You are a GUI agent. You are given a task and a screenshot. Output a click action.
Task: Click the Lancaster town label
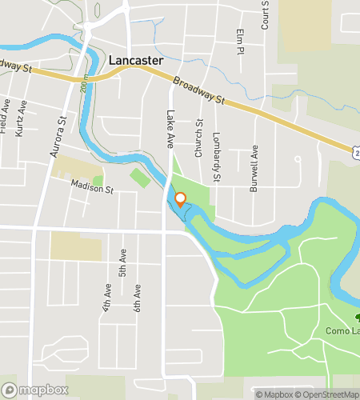(135, 60)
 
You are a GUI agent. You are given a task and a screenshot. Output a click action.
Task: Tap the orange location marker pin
(180, 199)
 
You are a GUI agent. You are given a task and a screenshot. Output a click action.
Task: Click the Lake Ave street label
(170, 129)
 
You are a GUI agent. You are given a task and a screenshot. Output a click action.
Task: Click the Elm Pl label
(239, 42)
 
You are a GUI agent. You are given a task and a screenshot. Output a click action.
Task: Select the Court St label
(264, 14)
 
